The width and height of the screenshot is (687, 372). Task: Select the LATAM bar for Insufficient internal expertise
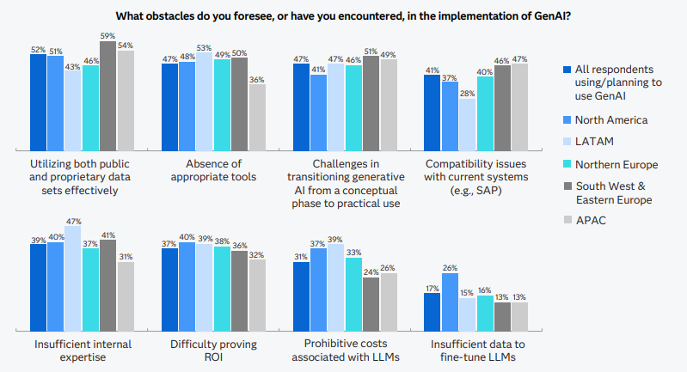pos(73,279)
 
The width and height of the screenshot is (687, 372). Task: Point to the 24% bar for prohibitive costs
pos(371,304)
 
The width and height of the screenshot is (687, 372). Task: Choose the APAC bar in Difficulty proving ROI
pos(257,296)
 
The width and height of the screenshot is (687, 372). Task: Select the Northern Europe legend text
pos(616,164)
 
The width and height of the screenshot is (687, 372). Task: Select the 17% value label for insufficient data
pos(432,288)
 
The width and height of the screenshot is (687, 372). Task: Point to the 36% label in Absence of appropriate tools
pos(257,79)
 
